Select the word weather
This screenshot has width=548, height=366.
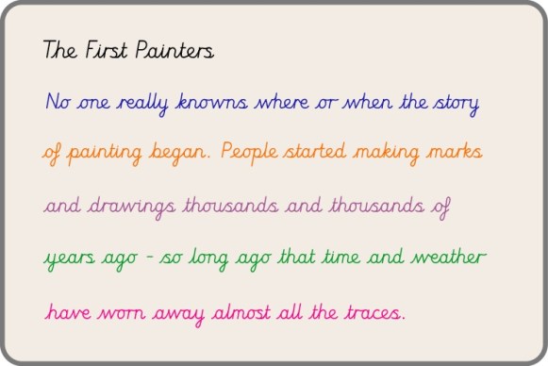coord(452,257)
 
